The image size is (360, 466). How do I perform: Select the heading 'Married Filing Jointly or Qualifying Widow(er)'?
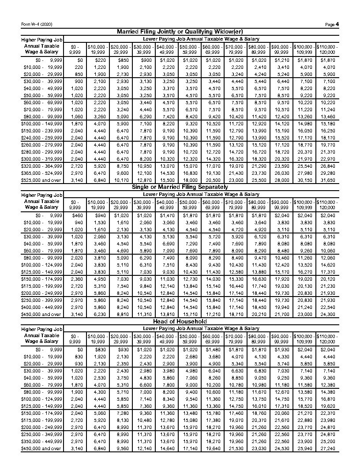pos(180,32)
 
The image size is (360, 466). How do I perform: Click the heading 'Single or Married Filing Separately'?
pos(180,187)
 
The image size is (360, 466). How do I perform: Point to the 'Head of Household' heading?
pos(180,321)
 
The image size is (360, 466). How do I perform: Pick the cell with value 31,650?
pos(327,180)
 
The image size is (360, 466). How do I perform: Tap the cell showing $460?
pos(77,215)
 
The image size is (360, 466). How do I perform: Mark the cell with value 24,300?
pos(327,314)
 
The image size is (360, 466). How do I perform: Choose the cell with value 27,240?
pos(327,448)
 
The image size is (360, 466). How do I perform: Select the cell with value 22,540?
pos(327,307)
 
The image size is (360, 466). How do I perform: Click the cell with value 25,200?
pos(327,441)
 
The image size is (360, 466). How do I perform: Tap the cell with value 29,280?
pos(327,173)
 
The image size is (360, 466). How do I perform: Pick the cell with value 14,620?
pos(327,265)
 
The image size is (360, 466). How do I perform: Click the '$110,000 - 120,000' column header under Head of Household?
pos(327,338)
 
